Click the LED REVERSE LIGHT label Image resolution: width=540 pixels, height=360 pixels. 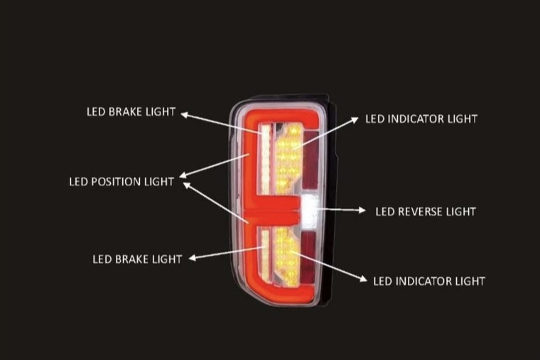pos(425,211)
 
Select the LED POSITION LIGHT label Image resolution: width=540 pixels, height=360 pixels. pos(121,181)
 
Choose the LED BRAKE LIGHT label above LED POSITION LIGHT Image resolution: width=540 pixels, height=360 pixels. pos(131,112)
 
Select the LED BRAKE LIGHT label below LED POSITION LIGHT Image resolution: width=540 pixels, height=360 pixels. pos(137,258)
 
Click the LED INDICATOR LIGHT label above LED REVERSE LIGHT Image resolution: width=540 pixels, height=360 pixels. pos(421,118)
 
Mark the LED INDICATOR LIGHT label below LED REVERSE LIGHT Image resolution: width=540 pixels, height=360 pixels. pos(429,280)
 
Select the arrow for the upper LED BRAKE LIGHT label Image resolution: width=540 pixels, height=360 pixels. pos(220,121)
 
